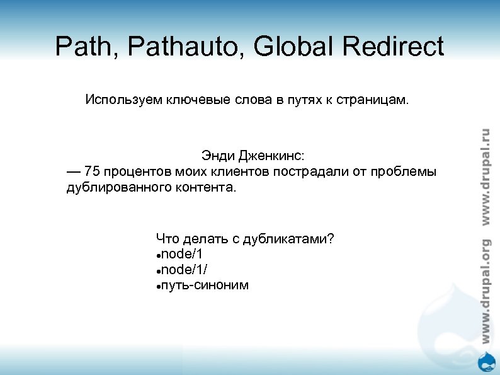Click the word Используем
(x=123, y=100)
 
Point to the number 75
(x=92, y=171)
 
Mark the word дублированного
(x=113, y=188)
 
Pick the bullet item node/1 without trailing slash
(x=181, y=254)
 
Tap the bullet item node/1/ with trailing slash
(x=183, y=270)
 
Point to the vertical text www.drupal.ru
(x=485, y=176)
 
